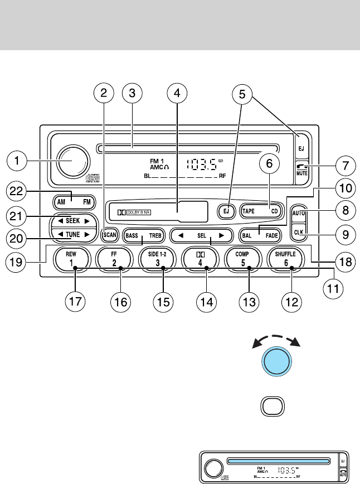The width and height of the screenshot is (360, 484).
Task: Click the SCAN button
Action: point(110,235)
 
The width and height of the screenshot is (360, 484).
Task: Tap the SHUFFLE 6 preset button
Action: point(292,259)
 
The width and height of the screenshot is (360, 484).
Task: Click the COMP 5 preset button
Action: point(249,259)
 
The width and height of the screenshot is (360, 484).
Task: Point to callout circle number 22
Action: point(22,191)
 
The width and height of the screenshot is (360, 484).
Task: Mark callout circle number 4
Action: point(177,93)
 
